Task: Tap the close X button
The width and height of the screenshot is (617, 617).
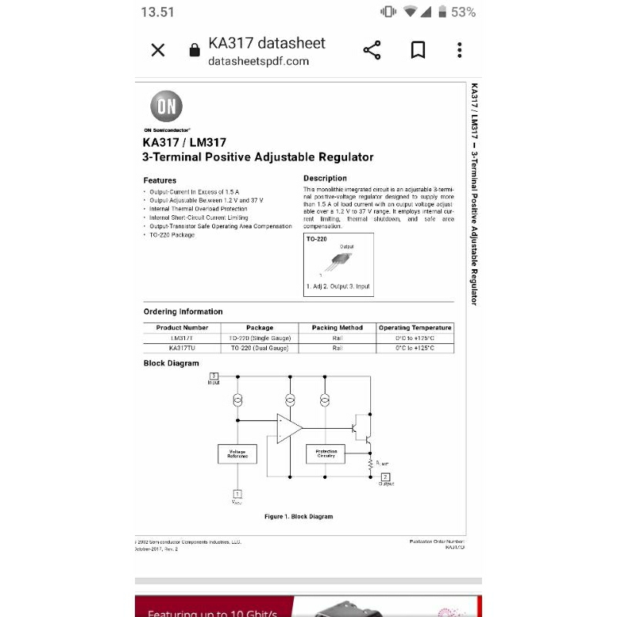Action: tap(158, 51)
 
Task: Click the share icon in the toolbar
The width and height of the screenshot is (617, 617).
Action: tap(372, 51)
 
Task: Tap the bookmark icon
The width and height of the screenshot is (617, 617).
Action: tap(417, 51)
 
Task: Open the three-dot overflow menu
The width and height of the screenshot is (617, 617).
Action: tap(460, 51)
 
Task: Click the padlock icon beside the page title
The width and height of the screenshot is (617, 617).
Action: tap(194, 51)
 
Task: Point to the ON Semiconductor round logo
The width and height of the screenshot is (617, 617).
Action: tap(166, 108)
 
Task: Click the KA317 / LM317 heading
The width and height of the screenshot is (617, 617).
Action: tap(184, 142)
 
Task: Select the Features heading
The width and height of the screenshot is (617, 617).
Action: tap(160, 180)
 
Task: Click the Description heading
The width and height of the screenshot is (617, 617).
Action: tap(325, 178)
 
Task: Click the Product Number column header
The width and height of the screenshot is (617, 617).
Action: tap(182, 328)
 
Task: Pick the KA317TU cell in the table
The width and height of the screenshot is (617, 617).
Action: tap(182, 348)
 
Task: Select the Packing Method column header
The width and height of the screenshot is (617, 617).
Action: tap(337, 328)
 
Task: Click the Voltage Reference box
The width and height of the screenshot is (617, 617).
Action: tap(238, 454)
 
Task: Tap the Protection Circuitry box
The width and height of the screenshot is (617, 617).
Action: tap(326, 454)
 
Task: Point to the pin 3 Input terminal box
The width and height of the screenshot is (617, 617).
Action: tap(214, 376)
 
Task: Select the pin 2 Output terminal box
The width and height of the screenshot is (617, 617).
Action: tap(386, 477)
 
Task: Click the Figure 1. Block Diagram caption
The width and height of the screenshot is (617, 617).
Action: tap(298, 516)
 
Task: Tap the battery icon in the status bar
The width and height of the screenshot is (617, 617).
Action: tap(443, 12)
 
